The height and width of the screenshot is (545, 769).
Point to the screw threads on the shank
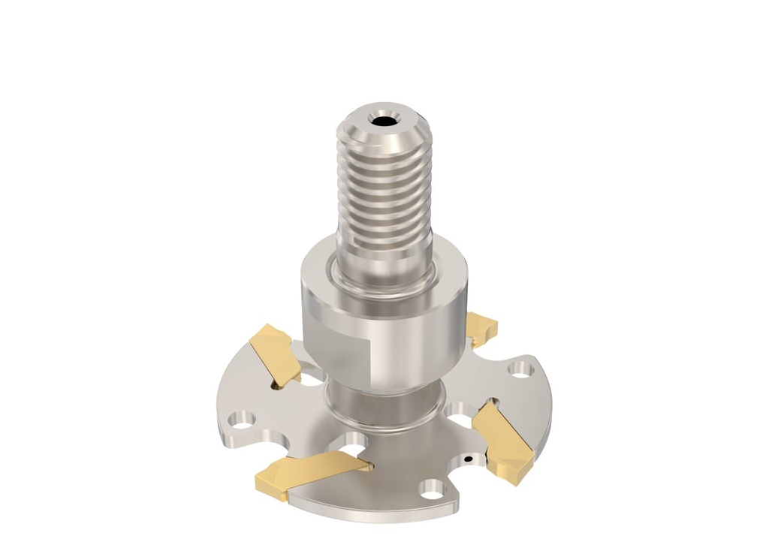pyautogui.click(x=383, y=195)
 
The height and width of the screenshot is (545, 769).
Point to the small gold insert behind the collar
pyautogui.click(x=480, y=327)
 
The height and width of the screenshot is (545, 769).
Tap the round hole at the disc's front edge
pyautogui.click(x=431, y=490)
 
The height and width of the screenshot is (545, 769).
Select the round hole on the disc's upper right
pyautogui.click(x=517, y=369)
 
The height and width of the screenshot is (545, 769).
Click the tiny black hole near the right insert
pyautogui.click(x=468, y=457)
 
